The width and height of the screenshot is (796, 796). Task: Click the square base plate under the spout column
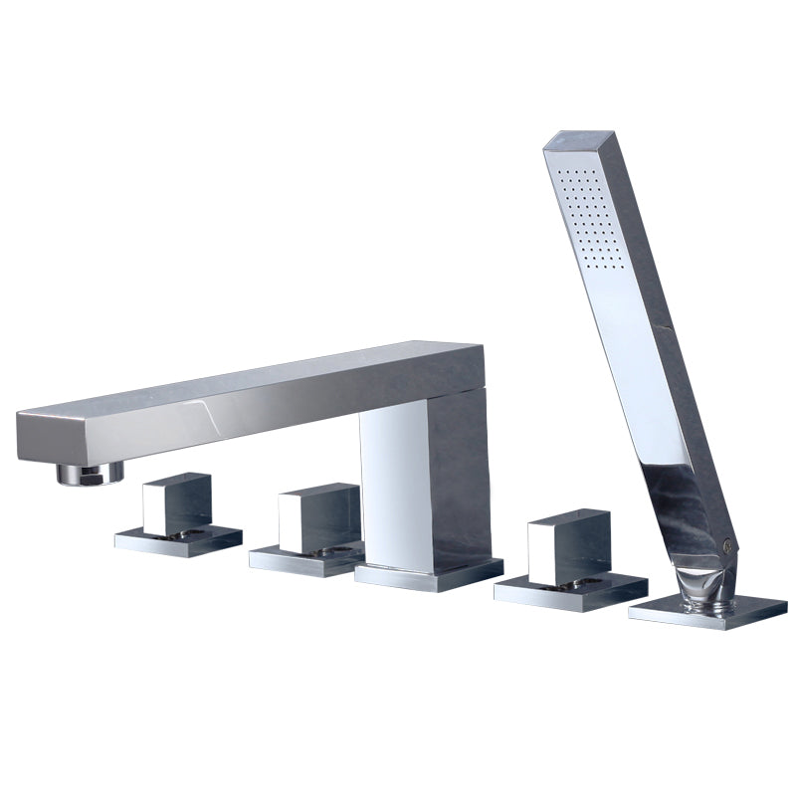(429, 574)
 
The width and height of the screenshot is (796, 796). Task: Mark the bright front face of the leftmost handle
(159, 507)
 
